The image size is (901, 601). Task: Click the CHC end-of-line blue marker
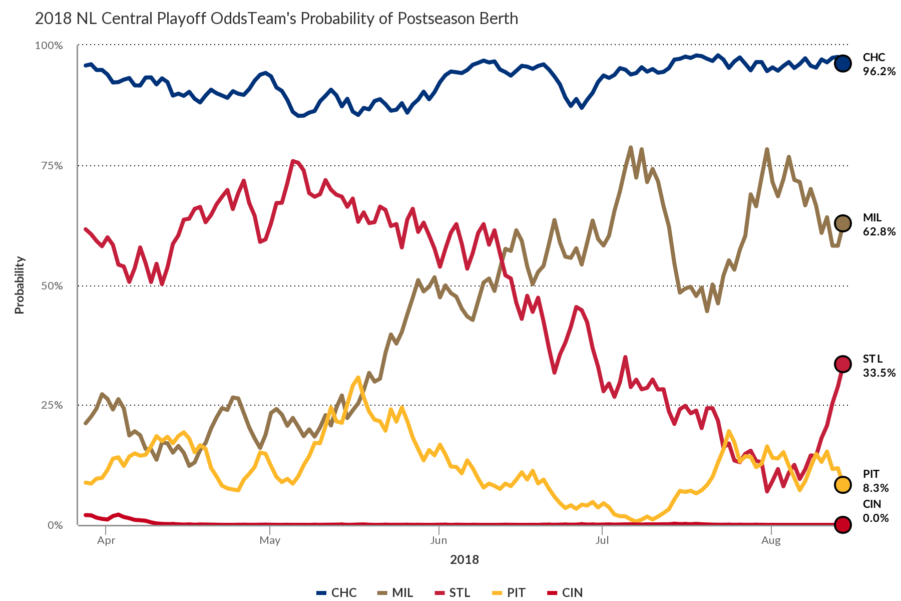click(843, 64)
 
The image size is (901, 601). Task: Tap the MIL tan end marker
click(843, 223)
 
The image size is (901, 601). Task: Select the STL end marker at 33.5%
click(843, 364)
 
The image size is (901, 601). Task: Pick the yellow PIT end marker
click(843, 484)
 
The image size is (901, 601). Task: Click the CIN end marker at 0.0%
click(843, 524)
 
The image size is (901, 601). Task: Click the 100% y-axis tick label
click(49, 46)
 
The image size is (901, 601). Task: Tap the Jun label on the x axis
click(438, 540)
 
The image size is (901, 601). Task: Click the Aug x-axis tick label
click(771, 540)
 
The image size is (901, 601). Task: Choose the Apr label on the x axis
click(106, 540)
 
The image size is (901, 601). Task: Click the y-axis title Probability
click(20, 285)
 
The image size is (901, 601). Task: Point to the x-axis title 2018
click(464, 560)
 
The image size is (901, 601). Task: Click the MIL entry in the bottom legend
click(395, 592)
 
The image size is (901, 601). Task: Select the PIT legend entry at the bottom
click(509, 592)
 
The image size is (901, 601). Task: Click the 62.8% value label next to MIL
click(879, 231)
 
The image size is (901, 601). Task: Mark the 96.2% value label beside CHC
click(879, 71)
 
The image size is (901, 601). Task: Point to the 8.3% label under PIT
click(875, 488)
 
